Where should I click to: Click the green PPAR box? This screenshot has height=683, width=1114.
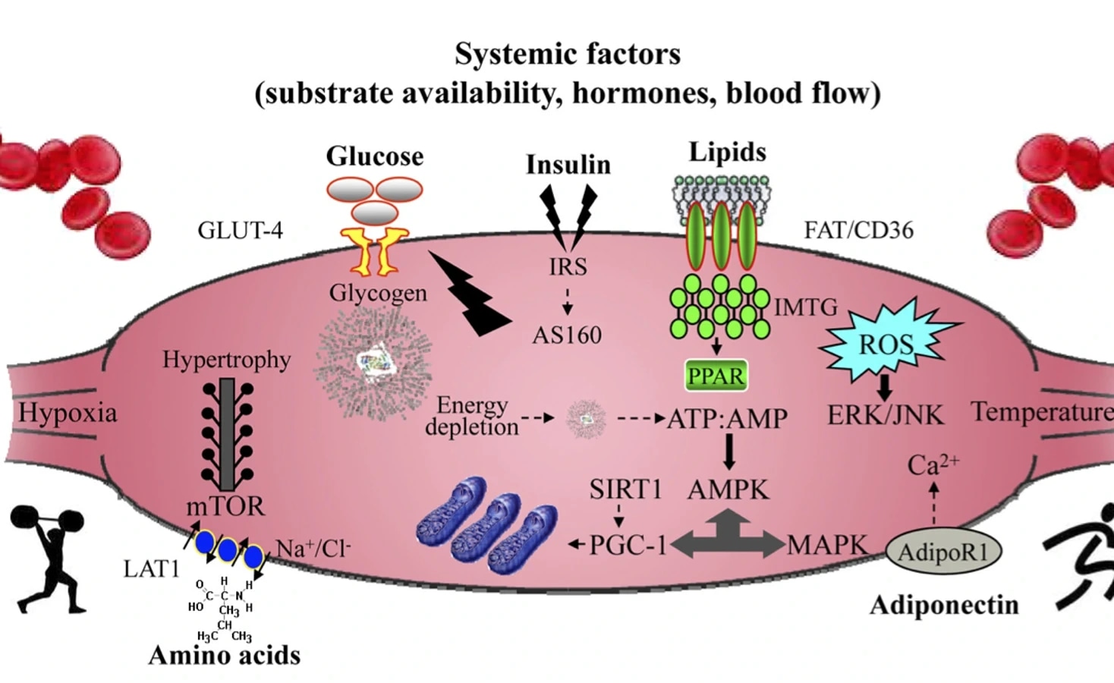coord(716,375)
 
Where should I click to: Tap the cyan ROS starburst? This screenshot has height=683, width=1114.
coord(885,344)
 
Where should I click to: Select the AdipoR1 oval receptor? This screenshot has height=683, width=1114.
coord(943,552)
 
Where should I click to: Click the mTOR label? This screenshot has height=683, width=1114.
coord(225,505)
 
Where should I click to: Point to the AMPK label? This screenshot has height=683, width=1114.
coord(729,489)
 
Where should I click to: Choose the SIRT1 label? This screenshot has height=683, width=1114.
coord(626,489)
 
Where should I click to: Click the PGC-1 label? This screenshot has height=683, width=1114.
coord(628,544)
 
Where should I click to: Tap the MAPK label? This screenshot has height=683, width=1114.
coord(827,544)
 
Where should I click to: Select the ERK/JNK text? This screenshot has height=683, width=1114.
coord(885,414)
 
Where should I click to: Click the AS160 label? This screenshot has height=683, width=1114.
coord(567,335)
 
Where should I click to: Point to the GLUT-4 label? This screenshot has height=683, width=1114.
coord(240,230)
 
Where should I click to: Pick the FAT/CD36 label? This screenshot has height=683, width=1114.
coord(858,229)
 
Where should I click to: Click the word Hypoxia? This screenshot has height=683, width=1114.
coord(68,412)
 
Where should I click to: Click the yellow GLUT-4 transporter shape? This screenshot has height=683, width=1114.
coord(375,250)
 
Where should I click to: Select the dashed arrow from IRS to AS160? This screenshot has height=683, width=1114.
coord(567,301)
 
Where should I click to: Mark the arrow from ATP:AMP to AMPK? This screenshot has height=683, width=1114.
coord(729,453)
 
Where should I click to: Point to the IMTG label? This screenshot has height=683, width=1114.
coord(806,307)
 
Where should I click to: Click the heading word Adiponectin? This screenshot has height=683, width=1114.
coord(944,605)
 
